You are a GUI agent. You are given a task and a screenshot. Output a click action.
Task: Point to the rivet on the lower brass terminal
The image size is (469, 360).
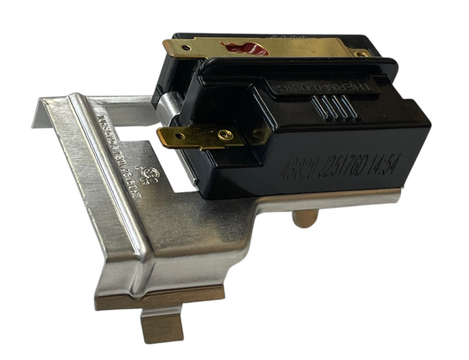pyautogui.click(x=224, y=136)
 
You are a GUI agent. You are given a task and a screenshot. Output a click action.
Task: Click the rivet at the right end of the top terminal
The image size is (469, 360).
pyautogui.click(x=359, y=53)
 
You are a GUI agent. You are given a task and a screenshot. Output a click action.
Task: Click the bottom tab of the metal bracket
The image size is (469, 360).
pyautogui.click(x=162, y=322)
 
